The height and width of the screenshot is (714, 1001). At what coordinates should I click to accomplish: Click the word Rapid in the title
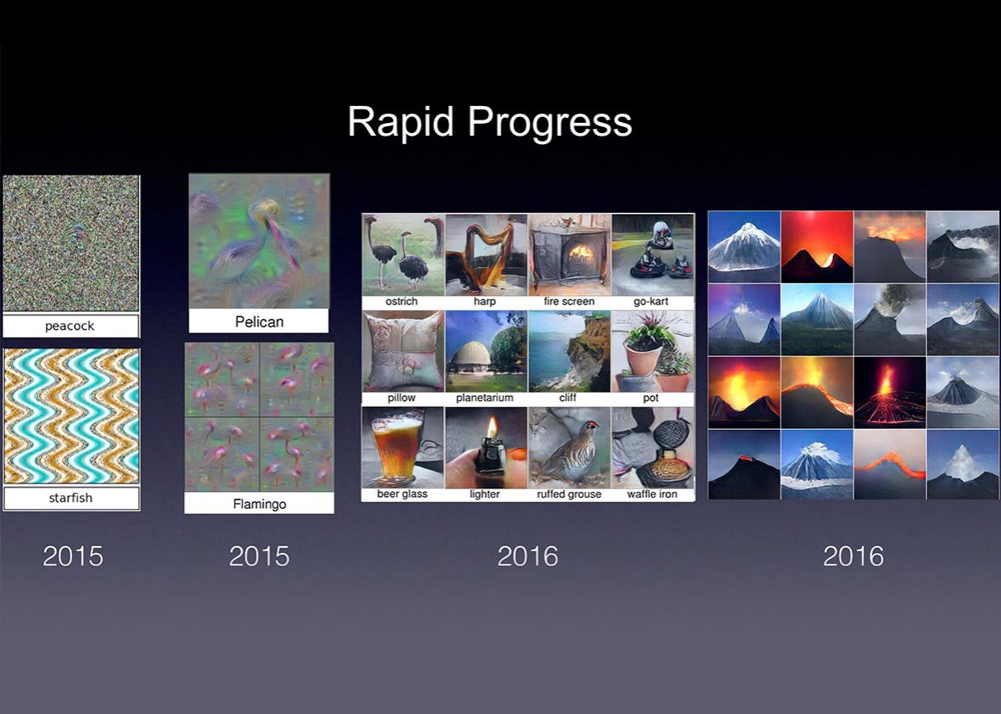point(401,120)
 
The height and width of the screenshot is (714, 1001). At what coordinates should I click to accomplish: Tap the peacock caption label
point(70,326)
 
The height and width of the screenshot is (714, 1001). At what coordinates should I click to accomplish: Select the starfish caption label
point(71,498)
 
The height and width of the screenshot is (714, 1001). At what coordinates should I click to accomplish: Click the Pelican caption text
point(260,321)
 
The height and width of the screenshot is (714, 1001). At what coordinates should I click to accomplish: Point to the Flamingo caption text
point(260,504)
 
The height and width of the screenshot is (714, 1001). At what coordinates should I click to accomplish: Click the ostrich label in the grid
point(401,301)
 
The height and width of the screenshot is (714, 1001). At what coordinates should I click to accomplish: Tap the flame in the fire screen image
point(581,254)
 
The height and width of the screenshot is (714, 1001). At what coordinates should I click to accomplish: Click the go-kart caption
point(651,301)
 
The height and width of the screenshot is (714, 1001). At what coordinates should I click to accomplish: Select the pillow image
point(403,351)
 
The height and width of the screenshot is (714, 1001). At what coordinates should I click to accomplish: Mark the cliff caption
point(568,398)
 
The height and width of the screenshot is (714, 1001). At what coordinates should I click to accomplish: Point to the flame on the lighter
point(491,427)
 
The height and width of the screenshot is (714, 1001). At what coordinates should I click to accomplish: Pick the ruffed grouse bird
point(571,452)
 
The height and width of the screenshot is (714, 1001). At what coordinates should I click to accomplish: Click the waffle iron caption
point(651,494)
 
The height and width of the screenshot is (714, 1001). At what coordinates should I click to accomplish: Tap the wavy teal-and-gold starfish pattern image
point(71,416)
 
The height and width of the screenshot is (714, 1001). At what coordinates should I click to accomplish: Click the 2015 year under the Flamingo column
point(260,556)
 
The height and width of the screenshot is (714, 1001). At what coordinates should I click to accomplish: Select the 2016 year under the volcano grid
point(853,556)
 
